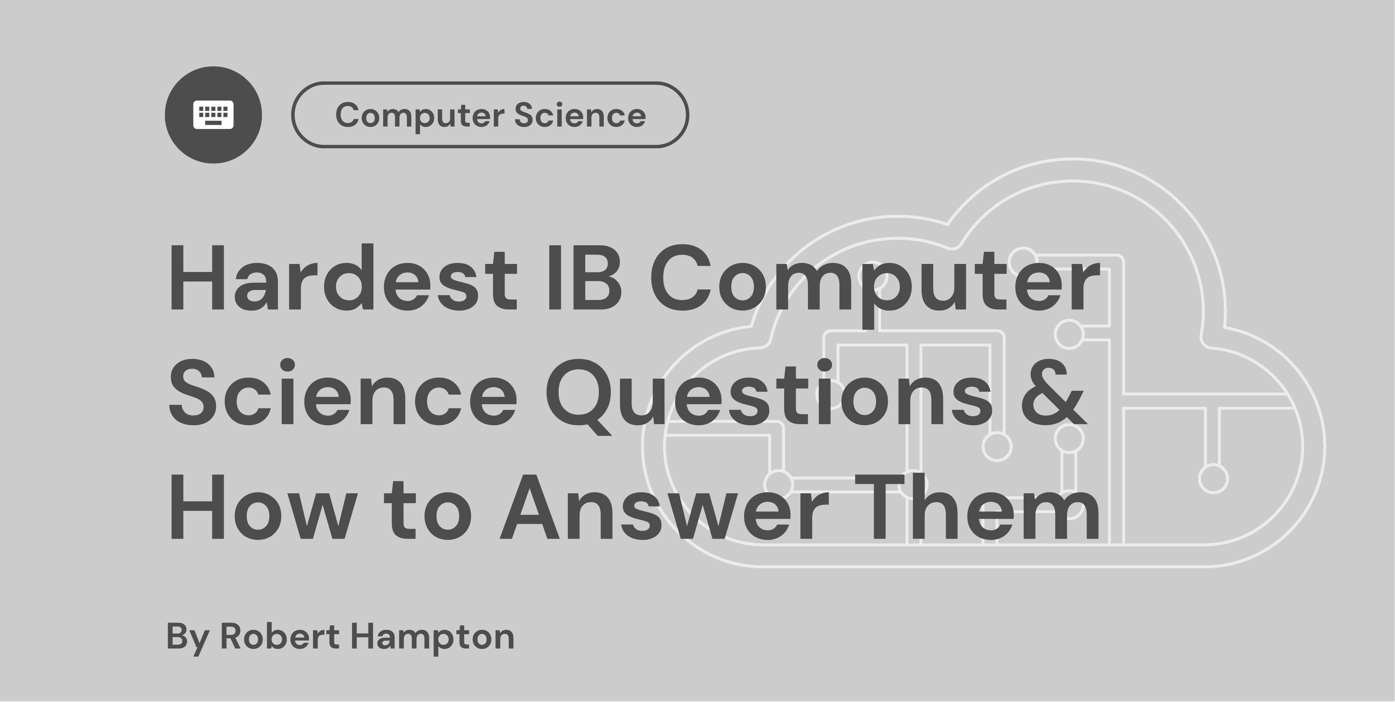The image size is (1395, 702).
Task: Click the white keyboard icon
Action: (x=213, y=115)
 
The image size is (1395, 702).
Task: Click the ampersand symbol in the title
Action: (x=1053, y=393)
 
